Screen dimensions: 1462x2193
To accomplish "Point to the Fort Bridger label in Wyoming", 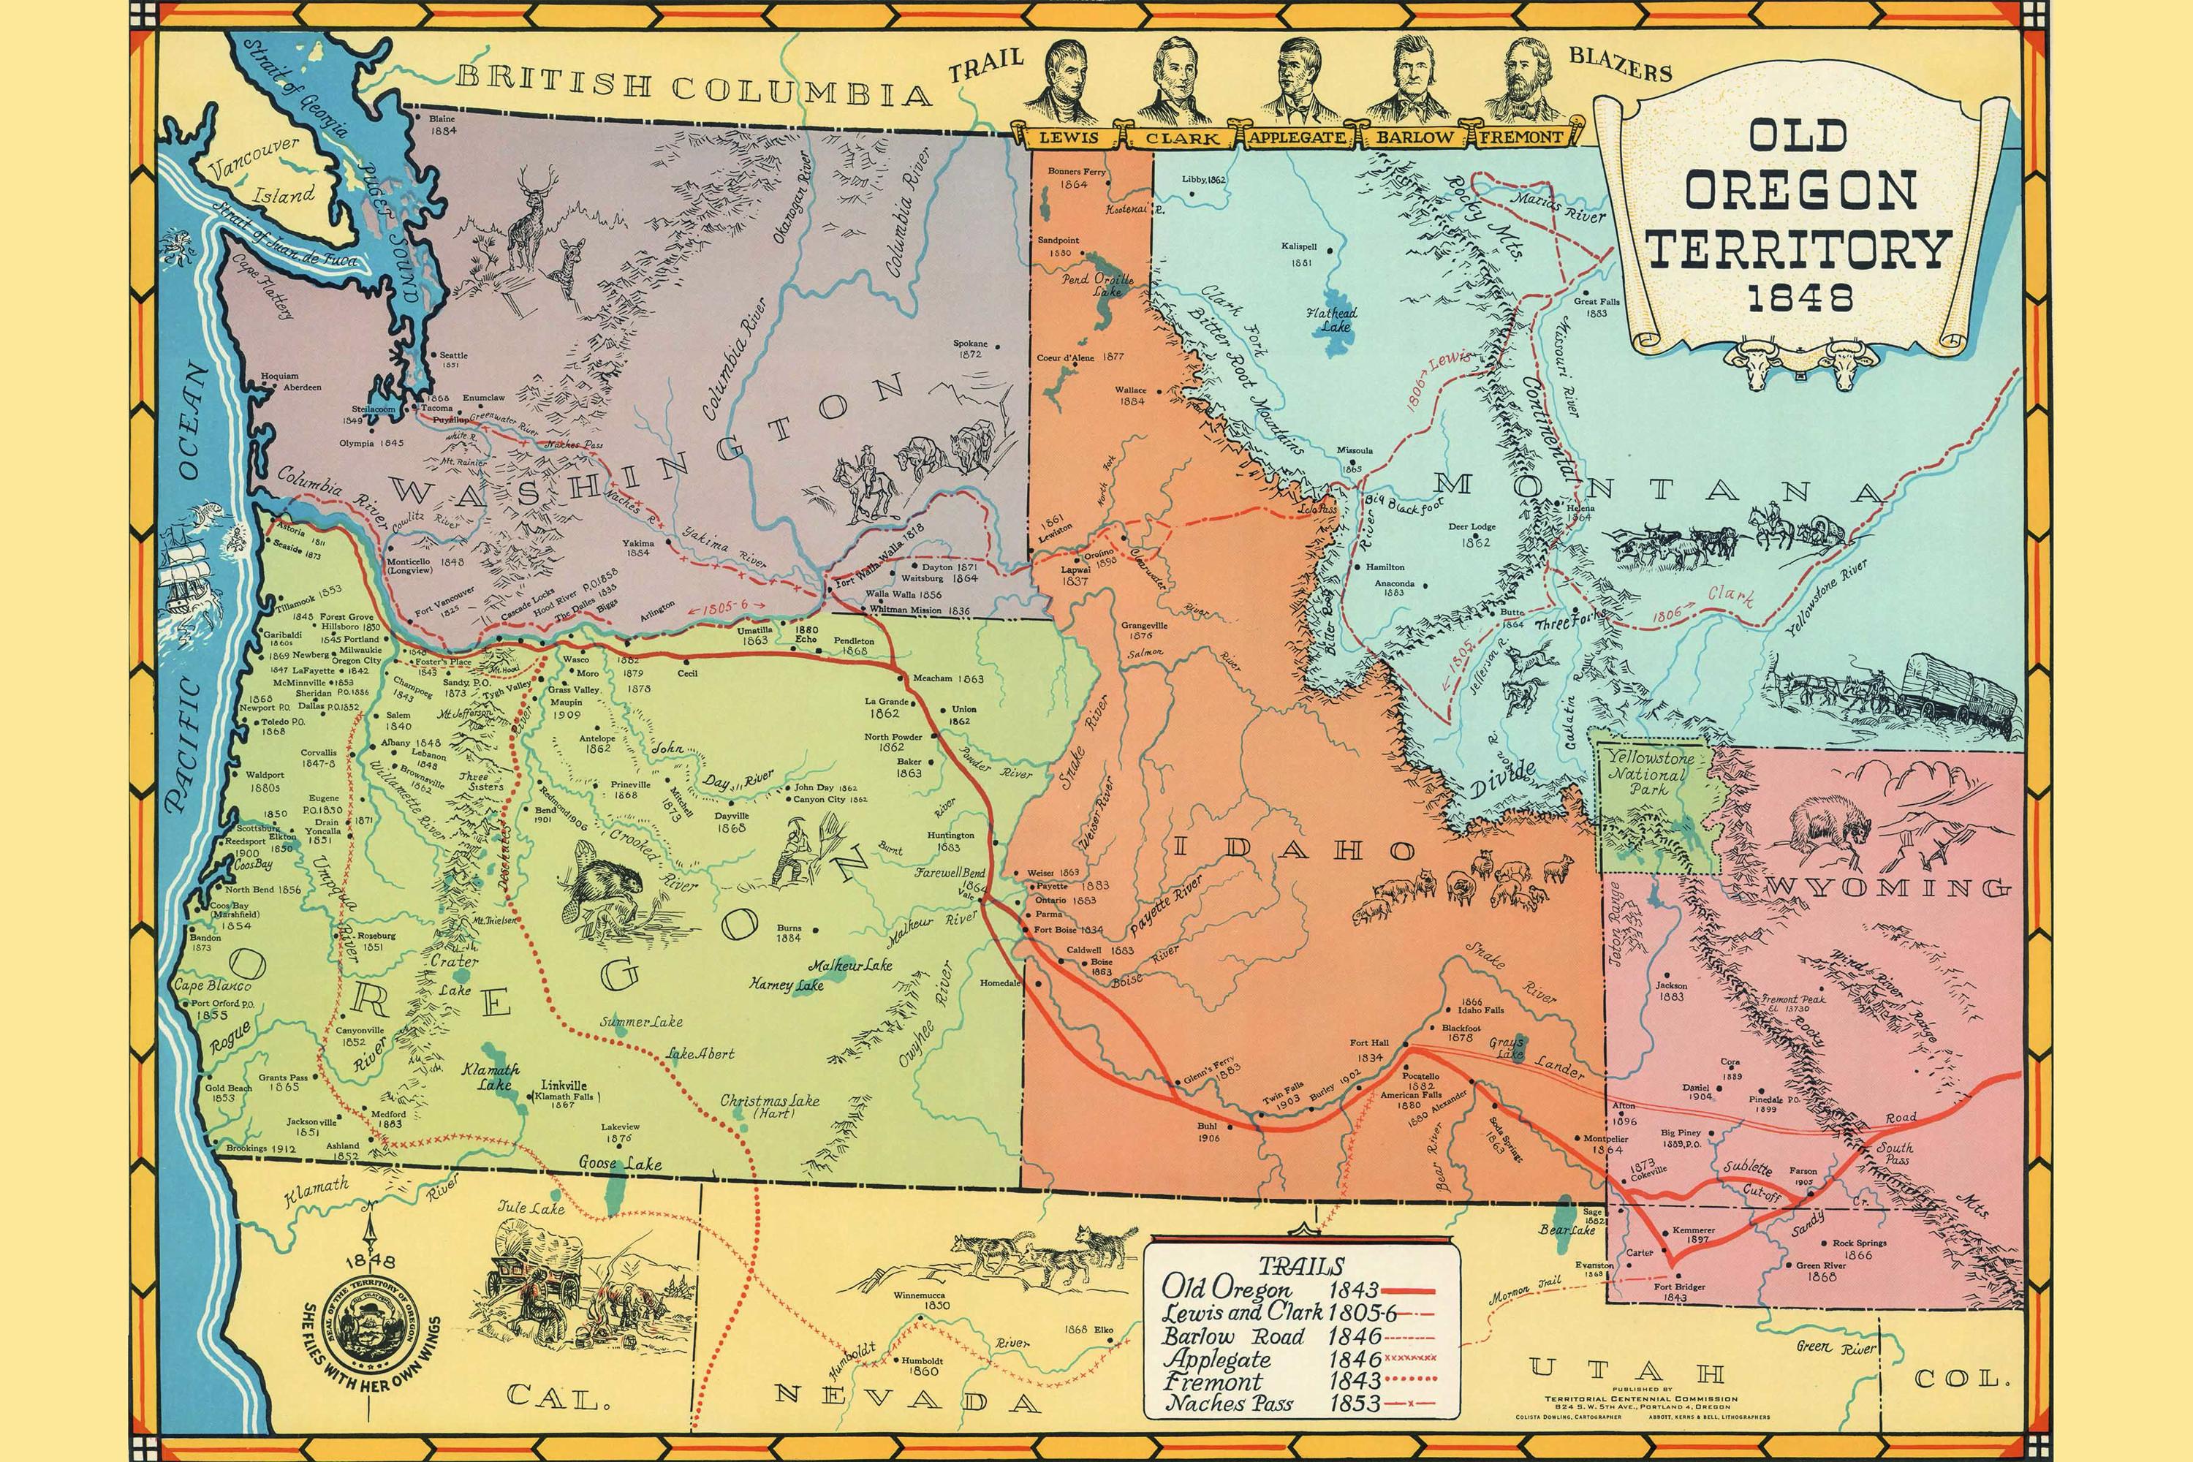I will pos(1679,1292).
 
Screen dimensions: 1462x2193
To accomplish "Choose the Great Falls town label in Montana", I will pos(1597,307).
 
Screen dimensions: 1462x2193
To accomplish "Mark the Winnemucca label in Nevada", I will pos(921,1295).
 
